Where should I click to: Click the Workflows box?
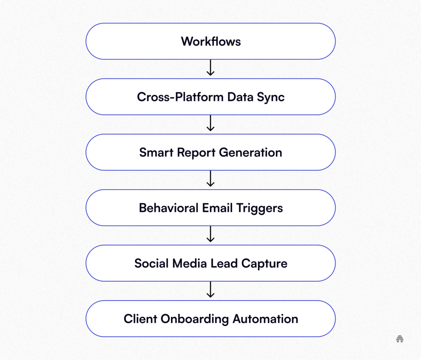[x=210, y=41]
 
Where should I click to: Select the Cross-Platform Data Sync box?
[x=210, y=97]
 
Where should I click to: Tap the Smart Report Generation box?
[x=210, y=152]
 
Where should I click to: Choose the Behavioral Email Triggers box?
[x=210, y=208]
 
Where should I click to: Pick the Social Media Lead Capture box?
[x=210, y=263]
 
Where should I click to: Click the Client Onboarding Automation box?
[x=210, y=319]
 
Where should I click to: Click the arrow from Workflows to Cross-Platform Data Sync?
[x=210, y=68]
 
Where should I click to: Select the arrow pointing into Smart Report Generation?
[x=210, y=123]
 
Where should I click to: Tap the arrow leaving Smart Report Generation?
[x=210, y=179]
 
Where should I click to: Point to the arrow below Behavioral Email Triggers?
[x=210, y=234]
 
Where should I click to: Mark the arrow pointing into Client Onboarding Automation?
[x=210, y=290]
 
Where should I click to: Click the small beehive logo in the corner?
[x=400, y=339]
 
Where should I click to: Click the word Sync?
[x=270, y=97]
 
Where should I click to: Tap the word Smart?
[x=156, y=153]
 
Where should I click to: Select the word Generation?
[x=250, y=153]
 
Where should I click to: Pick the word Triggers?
[x=259, y=208]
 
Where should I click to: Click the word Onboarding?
[x=195, y=319]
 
